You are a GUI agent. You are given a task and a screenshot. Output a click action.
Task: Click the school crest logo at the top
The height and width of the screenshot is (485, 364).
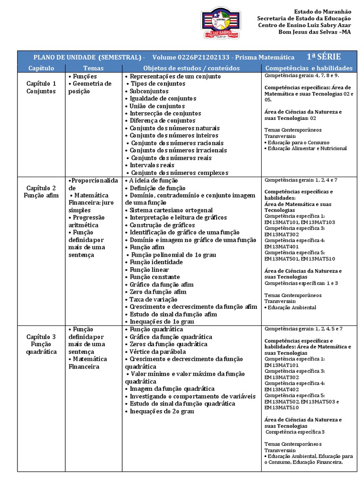point(221,23)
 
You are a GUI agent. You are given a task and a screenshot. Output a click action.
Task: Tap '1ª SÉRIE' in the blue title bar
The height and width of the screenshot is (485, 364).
point(323,57)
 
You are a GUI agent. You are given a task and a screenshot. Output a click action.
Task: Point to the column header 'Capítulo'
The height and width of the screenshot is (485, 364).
point(41,68)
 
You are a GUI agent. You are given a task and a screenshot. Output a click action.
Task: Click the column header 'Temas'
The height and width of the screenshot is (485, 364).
point(93,68)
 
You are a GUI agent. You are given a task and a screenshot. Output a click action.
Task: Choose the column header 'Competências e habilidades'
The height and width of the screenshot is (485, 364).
point(309,68)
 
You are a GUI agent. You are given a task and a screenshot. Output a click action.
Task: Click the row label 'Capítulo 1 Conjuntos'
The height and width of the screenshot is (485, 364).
point(41,88)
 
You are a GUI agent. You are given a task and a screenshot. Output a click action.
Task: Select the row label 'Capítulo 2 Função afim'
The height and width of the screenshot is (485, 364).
point(41,191)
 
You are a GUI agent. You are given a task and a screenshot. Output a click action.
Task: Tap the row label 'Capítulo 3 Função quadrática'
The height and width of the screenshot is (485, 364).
point(41,344)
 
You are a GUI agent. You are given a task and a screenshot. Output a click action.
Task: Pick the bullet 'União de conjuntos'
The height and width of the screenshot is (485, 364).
point(157,106)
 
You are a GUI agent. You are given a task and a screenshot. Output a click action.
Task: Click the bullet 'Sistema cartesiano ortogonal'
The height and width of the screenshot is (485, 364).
point(171,210)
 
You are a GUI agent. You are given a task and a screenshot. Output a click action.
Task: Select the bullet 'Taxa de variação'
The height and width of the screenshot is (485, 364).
point(154,299)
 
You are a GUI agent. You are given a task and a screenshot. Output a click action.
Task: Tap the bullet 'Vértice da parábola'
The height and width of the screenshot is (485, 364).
point(157,352)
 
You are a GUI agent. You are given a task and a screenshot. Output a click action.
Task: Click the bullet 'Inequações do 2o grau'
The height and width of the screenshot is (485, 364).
point(162,412)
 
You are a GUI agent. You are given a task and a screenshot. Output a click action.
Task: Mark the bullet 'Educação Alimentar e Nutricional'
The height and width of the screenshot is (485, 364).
point(307,148)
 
